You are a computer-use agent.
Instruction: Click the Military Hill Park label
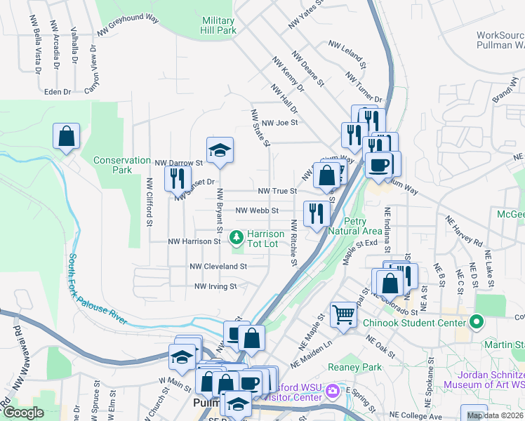pyautogui.click(x=218, y=26)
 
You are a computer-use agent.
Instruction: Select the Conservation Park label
pyautogui.click(x=113, y=165)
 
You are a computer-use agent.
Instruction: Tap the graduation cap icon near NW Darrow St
pyautogui.click(x=220, y=150)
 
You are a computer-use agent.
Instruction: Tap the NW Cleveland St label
pyautogui.click(x=218, y=267)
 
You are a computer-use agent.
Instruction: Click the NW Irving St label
pyautogui.click(x=215, y=286)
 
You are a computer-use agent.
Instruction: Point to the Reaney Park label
pyautogui.click(x=361, y=368)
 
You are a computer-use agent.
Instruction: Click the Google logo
pyautogui.click(x=23, y=413)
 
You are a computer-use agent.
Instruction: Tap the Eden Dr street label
pyautogui.click(x=58, y=92)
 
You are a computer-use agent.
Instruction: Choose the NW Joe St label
pyautogui.click(x=276, y=122)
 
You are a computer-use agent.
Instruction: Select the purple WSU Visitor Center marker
pyautogui.click(x=333, y=390)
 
